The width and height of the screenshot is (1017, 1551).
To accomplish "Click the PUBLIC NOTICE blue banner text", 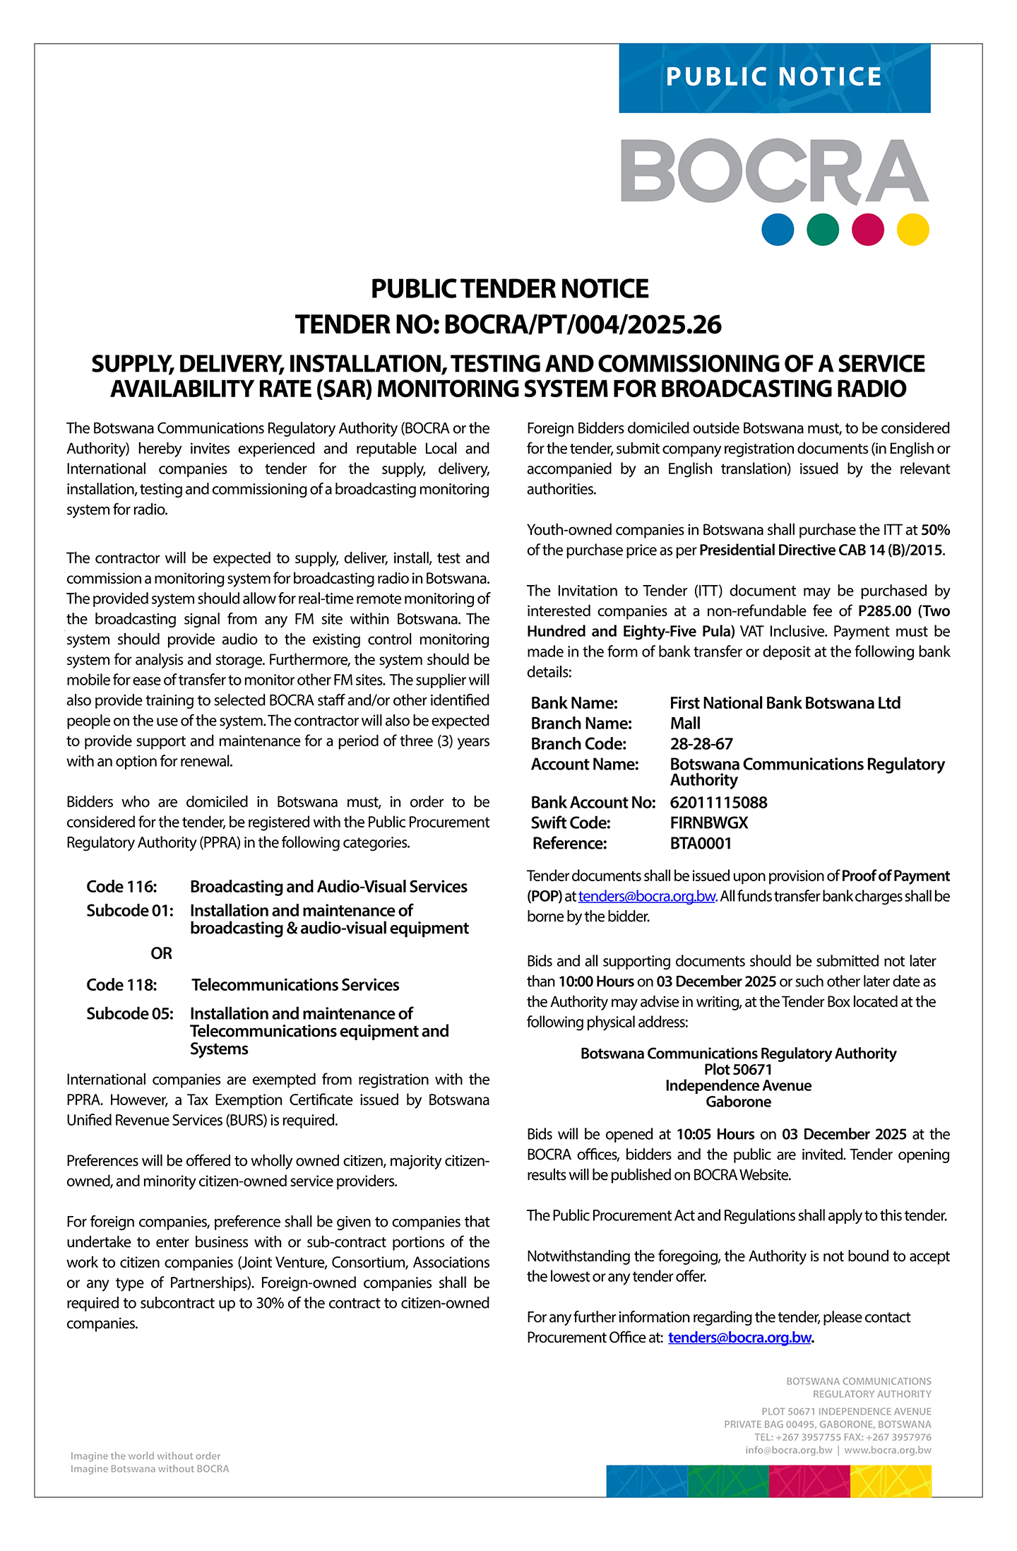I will pos(774,77).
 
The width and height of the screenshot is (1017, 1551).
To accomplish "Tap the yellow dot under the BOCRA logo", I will pos(912,230).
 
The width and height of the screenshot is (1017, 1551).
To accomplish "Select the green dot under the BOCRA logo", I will pos(823,230).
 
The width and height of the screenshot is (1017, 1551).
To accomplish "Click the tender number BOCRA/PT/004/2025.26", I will pos(583,325).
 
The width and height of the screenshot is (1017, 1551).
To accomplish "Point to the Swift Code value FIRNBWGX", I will pos(708,823).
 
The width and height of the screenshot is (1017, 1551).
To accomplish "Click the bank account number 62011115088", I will pos(718,803).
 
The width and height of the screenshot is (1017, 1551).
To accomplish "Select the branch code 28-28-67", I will pos(701,744).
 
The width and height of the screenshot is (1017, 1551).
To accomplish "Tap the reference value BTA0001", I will pos(701,844).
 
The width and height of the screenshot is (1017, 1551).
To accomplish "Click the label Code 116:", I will pos(121,887).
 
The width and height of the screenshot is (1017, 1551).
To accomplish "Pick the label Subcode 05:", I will pos(130,1014).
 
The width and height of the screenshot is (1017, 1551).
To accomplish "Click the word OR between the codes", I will pos(161,954).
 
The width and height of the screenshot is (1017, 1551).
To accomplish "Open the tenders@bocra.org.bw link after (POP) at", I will pos(646,897).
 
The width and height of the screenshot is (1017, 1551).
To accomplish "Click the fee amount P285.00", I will pos(884,611).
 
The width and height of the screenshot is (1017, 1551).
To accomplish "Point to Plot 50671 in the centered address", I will pos(738,1070).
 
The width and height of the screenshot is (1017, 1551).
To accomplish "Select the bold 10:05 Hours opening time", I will pos(715,1135).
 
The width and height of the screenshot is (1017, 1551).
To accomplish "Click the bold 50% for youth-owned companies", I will pos(935,530).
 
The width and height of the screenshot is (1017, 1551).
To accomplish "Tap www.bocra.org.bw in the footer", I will pos(888,1450).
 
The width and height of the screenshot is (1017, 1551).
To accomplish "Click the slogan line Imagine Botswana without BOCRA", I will pos(150,1469).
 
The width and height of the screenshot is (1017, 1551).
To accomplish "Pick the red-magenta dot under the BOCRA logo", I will pos(868,230).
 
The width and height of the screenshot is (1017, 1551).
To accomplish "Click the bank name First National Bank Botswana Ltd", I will pos(785,704).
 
